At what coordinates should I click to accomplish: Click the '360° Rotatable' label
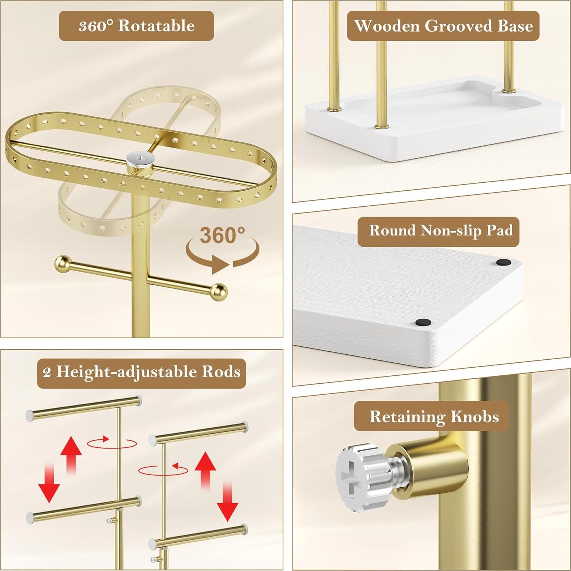[136, 26]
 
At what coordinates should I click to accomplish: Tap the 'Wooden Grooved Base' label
[443, 26]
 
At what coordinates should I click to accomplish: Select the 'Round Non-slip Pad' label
[438, 231]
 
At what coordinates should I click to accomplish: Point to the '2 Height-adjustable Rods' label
[142, 372]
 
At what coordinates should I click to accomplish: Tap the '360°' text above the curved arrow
[222, 235]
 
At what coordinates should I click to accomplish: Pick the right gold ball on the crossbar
[219, 292]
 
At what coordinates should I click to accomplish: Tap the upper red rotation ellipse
[112, 443]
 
